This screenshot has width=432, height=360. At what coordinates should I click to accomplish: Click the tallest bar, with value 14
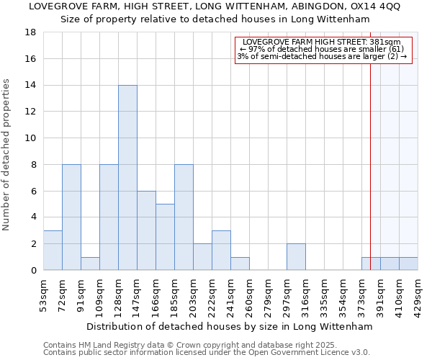click(x=127, y=178)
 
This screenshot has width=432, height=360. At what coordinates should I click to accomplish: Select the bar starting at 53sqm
click(x=53, y=251)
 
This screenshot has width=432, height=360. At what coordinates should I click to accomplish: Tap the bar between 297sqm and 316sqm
click(x=296, y=257)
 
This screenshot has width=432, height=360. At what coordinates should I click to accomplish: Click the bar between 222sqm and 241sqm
click(x=221, y=251)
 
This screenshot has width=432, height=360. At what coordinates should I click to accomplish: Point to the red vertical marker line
click(x=370, y=158)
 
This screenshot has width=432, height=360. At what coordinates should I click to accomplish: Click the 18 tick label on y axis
click(x=30, y=32)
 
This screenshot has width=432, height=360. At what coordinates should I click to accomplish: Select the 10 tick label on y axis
click(x=30, y=138)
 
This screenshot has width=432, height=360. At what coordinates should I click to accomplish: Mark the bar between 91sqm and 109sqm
click(x=90, y=264)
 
